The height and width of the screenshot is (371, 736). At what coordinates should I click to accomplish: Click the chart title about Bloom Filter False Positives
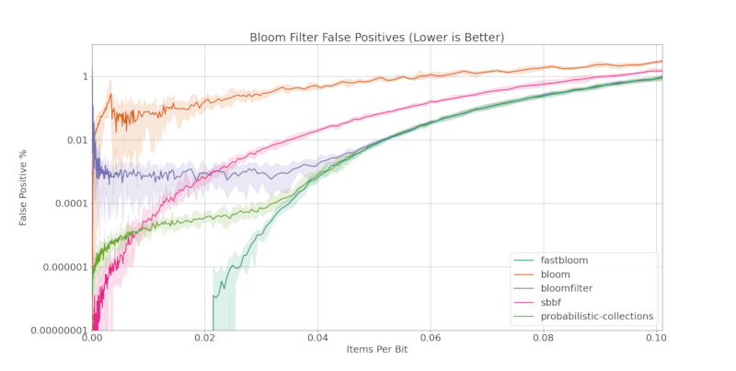(377, 37)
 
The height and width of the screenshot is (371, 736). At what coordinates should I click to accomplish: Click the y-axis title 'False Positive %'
(24, 188)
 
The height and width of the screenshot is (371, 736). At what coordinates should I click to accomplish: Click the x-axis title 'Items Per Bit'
(377, 350)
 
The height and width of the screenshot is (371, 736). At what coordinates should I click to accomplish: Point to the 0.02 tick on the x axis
(204, 338)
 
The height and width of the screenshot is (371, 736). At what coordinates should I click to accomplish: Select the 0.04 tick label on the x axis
(317, 338)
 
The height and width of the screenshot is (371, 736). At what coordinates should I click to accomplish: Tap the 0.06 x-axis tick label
(431, 338)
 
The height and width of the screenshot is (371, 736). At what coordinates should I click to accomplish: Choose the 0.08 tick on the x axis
(545, 338)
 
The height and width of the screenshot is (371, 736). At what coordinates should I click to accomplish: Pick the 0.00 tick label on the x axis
(92, 338)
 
